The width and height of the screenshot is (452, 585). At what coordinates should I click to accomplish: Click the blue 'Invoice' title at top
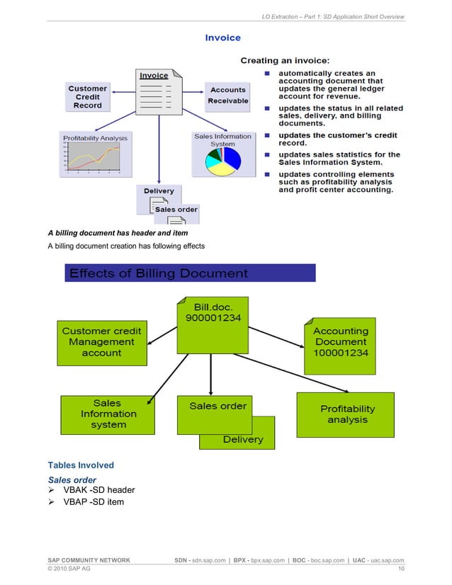(x=222, y=38)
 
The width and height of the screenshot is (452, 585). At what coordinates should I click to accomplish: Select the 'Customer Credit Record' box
(x=88, y=97)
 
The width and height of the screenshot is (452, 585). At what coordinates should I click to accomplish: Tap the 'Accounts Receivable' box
(x=227, y=96)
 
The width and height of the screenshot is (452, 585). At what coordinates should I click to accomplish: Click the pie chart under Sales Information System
(x=222, y=161)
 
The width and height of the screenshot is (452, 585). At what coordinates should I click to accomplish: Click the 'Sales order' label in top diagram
(x=176, y=210)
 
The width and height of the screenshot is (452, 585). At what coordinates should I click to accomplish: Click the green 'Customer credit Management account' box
(x=102, y=341)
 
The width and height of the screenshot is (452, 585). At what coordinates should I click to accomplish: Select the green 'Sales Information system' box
(x=108, y=414)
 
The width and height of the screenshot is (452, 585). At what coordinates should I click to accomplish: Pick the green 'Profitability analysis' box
(x=347, y=414)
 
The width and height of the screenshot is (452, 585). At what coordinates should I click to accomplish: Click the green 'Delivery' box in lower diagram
(x=243, y=439)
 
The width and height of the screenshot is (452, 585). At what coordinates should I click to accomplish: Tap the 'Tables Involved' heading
(x=80, y=465)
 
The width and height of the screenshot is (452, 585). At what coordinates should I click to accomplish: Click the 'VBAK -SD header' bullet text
(x=98, y=489)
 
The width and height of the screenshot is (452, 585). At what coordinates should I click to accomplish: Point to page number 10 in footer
(x=401, y=569)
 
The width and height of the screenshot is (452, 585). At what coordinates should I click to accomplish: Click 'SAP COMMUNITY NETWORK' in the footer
(x=89, y=560)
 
